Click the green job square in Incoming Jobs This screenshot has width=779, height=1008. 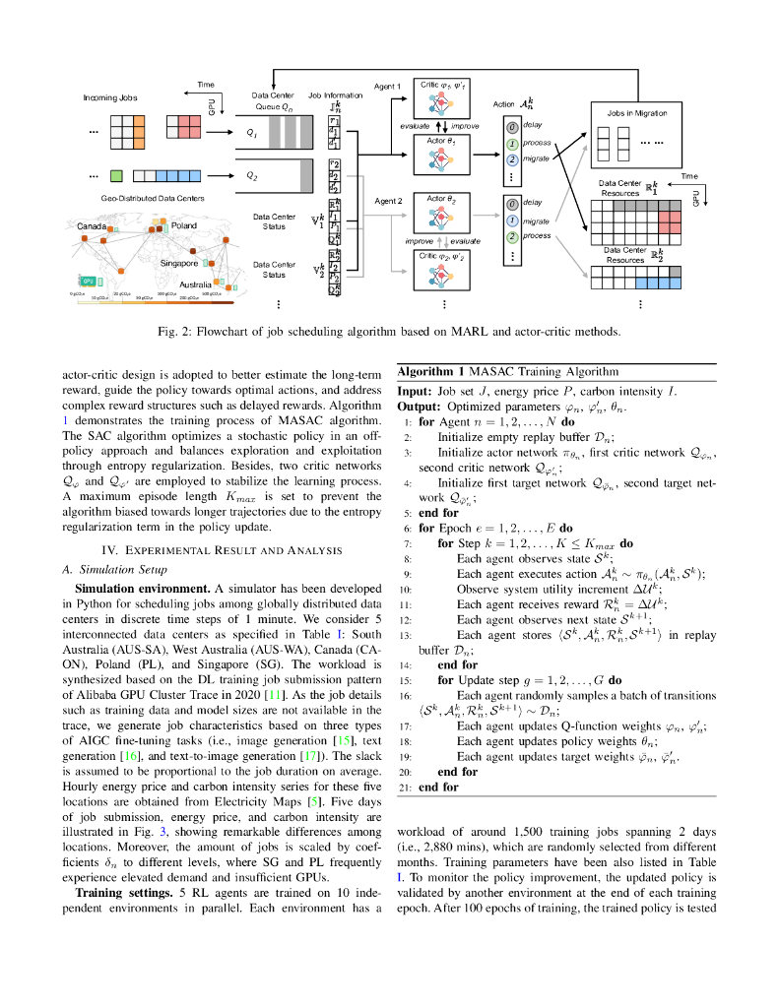[116, 176]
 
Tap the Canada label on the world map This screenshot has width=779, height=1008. [93, 225]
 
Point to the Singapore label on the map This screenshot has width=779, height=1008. [180, 263]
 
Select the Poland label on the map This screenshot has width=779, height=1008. [184, 225]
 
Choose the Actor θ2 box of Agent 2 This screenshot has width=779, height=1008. [442, 213]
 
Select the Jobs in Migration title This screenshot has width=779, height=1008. [637, 113]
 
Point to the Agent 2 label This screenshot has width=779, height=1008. [389, 201]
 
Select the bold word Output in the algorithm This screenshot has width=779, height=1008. [420, 406]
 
